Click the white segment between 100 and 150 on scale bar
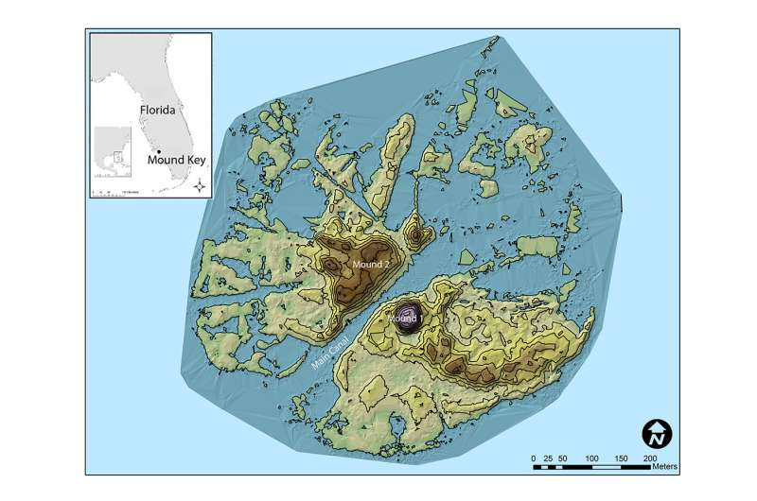(607, 466)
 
